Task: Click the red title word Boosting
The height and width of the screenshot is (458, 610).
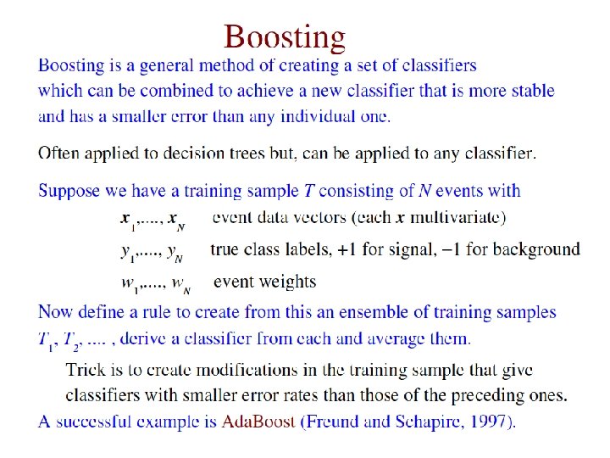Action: [286, 36]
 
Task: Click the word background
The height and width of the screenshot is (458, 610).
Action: [536, 249]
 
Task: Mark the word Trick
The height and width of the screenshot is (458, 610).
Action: [85, 370]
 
